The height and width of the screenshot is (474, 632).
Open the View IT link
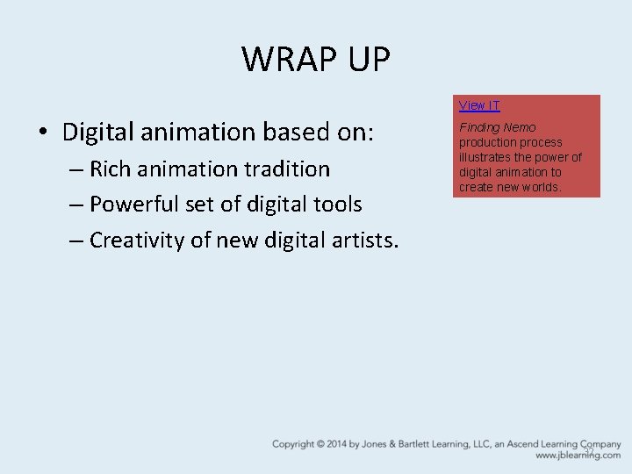pyautogui.click(x=479, y=105)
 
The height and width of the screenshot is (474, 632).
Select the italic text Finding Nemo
pyautogui.click(x=497, y=127)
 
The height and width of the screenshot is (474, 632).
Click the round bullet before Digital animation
pyautogui.click(x=43, y=133)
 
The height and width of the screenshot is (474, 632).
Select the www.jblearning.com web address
pyautogui.click(x=578, y=456)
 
